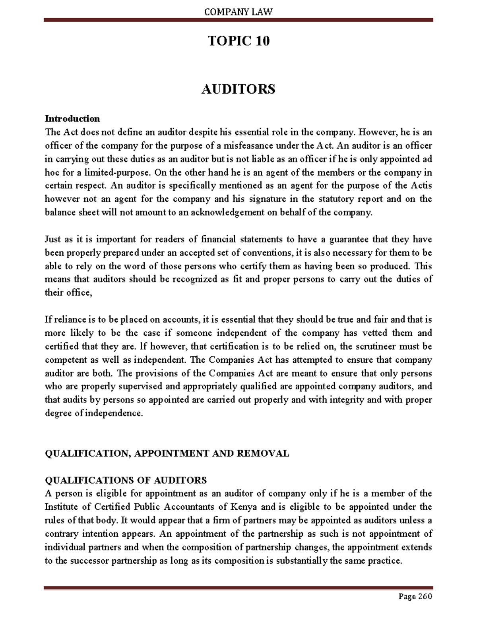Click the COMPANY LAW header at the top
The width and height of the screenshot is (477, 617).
[x=238, y=12]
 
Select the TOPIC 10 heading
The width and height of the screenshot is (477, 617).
[x=238, y=41]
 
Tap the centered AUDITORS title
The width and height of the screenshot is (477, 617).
[x=238, y=89]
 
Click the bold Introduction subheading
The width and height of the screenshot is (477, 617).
[x=72, y=118]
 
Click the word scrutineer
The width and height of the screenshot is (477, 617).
[x=374, y=346]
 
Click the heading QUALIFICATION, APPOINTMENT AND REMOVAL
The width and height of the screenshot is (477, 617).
[x=167, y=453]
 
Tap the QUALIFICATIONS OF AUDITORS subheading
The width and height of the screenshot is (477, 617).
[x=126, y=480]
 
